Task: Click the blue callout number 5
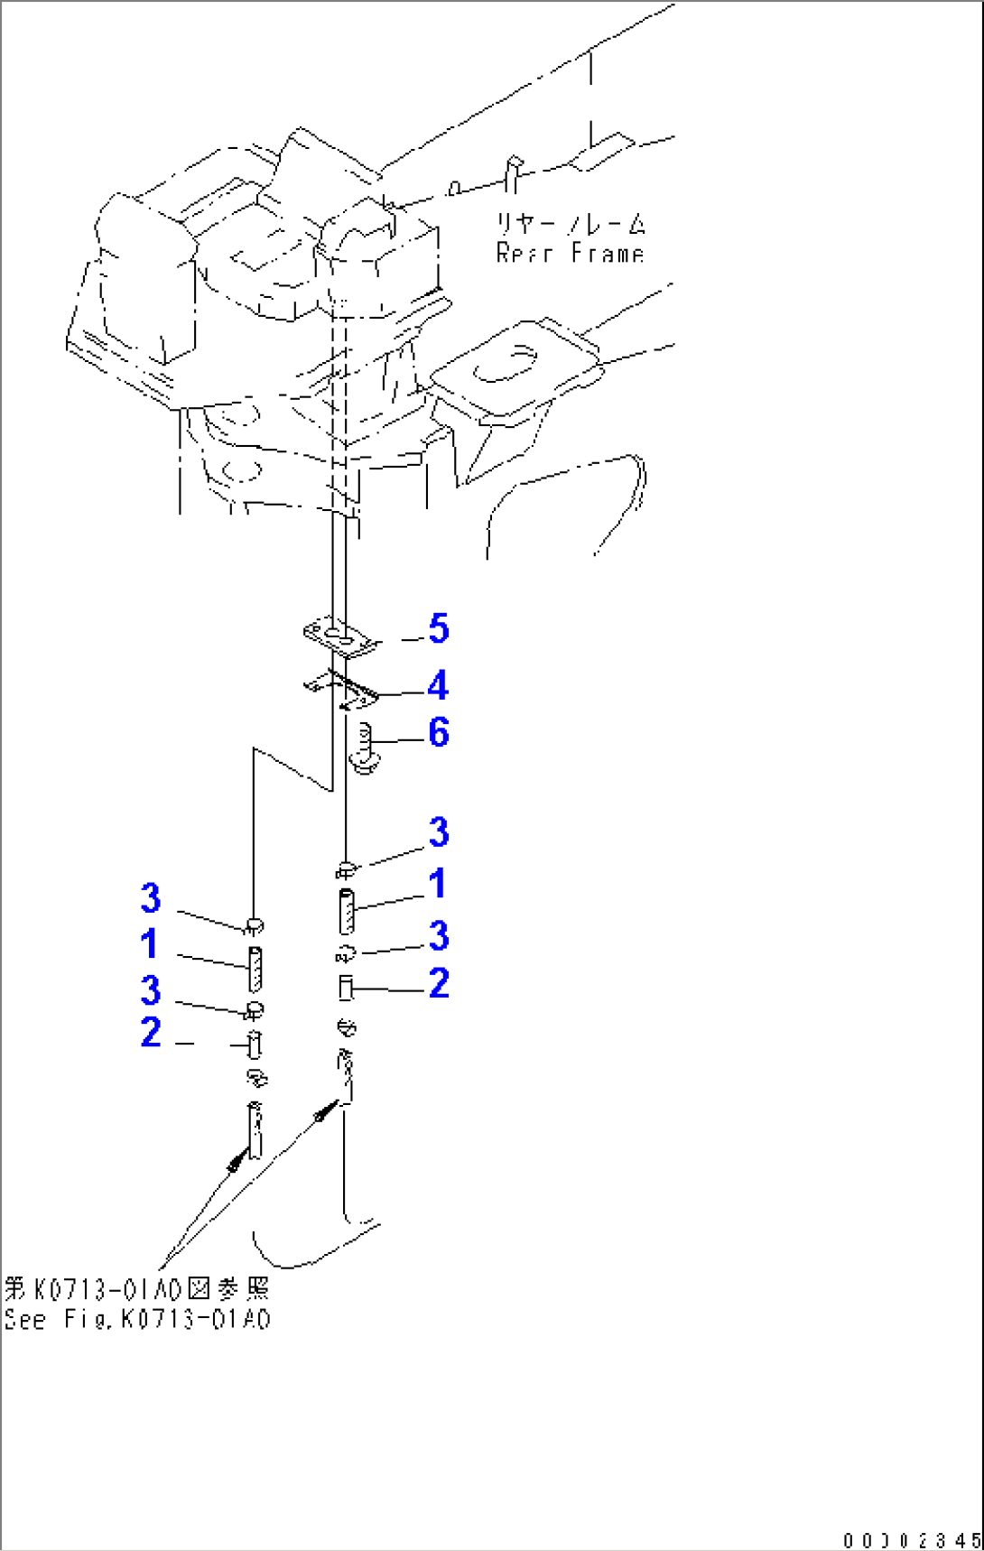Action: coord(439,628)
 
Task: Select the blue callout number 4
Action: coord(438,686)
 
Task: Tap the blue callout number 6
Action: coord(439,733)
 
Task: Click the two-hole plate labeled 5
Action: coord(340,636)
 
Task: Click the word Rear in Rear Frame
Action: coord(524,253)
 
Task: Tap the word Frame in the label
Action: coord(608,253)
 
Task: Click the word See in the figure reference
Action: coord(25,1319)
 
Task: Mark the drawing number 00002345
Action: coord(911,1540)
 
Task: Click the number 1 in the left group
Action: coord(150,944)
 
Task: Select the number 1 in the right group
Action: coord(438,884)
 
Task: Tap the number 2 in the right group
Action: coord(439,984)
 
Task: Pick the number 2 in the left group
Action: coord(151,1033)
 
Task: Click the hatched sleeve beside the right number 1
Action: coord(347,911)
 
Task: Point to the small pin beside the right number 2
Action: coord(345,988)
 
